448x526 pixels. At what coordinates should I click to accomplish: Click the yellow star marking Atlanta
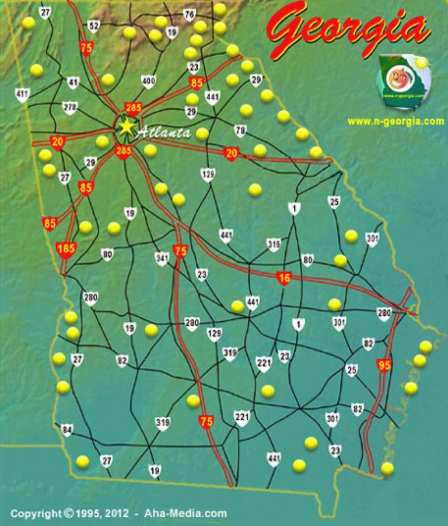coord(126,127)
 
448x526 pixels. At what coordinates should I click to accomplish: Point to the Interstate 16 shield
coord(284,278)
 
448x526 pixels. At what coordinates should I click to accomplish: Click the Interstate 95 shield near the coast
coord(384,365)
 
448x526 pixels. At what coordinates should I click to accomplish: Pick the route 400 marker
coord(149,81)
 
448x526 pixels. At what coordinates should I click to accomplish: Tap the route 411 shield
coord(22,94)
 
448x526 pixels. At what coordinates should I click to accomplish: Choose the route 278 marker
coord(70,107)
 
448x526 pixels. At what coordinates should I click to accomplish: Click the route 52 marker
coord(94,26)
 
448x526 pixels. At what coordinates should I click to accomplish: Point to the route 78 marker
coord(240,130)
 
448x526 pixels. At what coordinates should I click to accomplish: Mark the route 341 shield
coord(162,257)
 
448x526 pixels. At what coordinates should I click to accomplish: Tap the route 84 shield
coord(66,430)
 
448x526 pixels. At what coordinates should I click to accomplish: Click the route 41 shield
coord(73,82)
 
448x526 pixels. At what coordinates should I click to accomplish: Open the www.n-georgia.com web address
coord(395,121)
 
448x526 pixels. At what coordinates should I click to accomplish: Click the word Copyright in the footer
coord(36,514)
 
